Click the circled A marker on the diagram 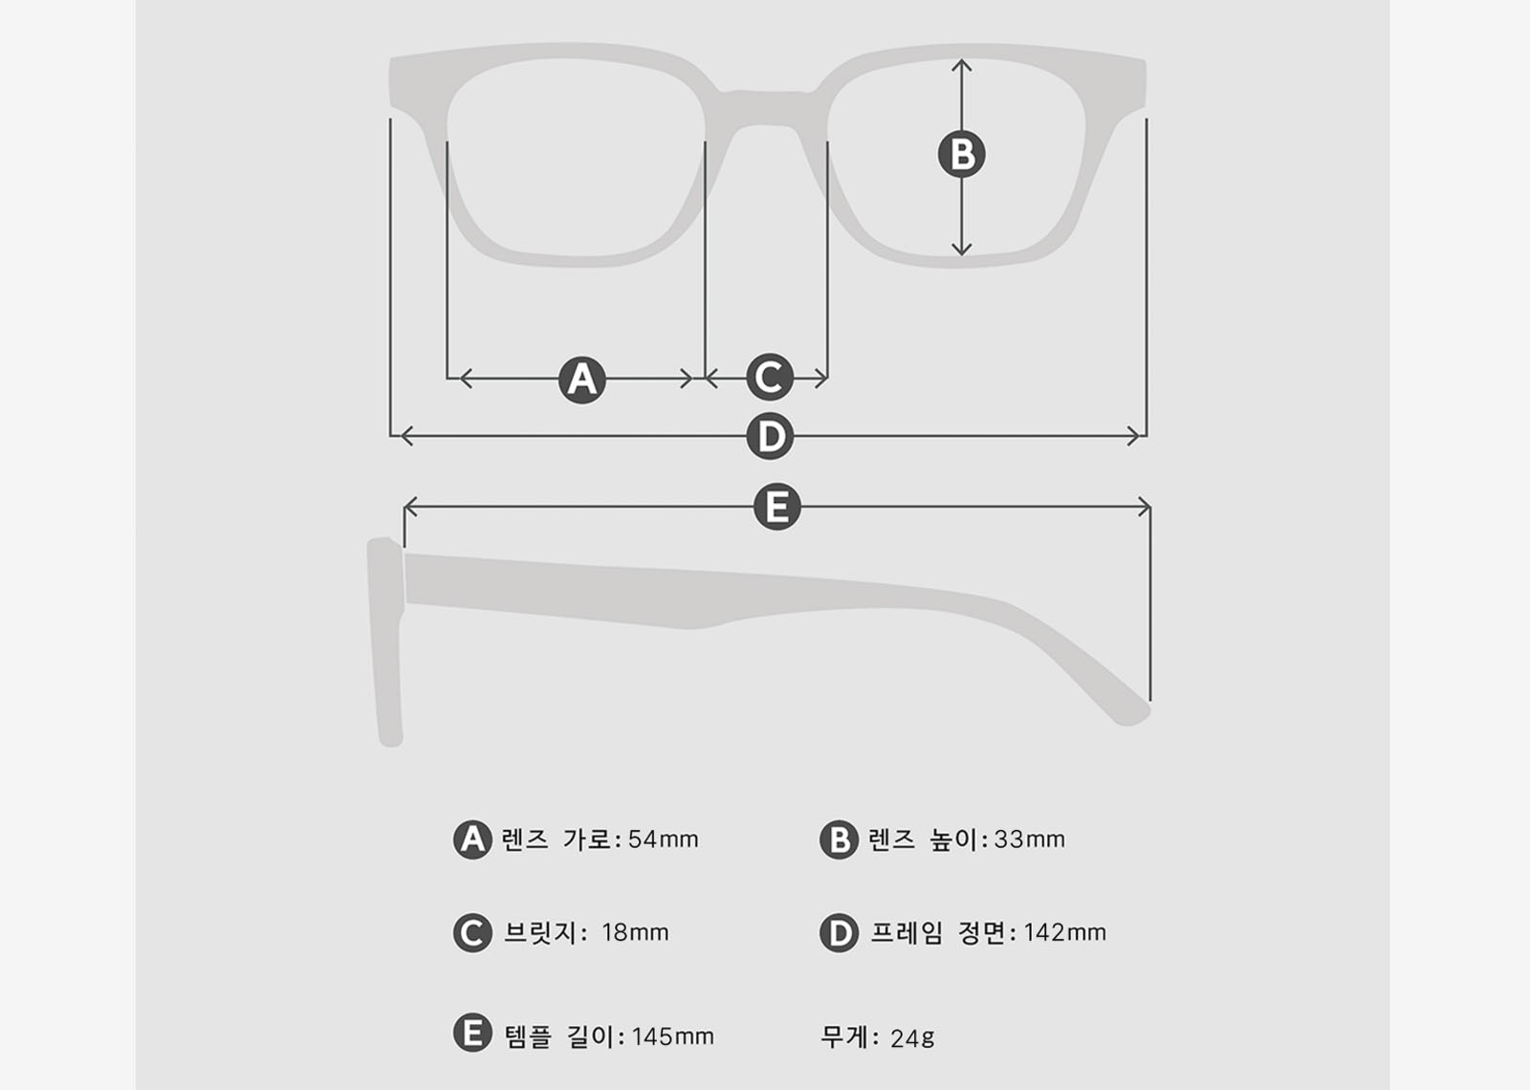(581, 380)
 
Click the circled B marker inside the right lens (962, 154)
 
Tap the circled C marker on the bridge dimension (770, 378)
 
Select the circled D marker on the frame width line (770, 437)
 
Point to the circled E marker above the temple (776, 507)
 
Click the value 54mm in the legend (663, 839)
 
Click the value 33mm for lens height (1029, 839)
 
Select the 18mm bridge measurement (635, 932)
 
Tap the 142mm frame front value (1064, 932)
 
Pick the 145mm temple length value (672, 1036)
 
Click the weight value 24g (912, 1038)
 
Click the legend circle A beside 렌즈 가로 (472, 839)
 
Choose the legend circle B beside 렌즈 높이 (839, 839)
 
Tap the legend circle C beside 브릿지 (472, 933)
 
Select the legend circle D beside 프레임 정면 (839, 933)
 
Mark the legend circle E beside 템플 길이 (472, 1034)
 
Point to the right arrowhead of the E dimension (1145, 507)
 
